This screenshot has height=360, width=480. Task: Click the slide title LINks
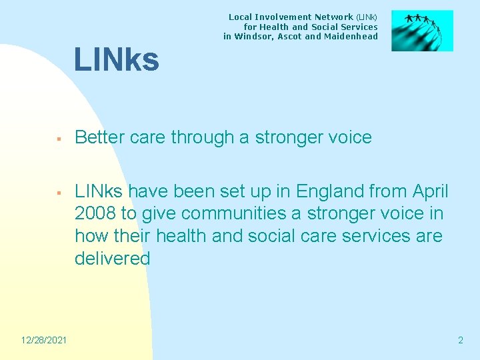pyautogui.click(x=117, y=60)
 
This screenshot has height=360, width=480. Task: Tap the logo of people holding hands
pyautogui.click(x=422, y=31)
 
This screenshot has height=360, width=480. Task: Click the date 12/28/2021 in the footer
pyautogui.click(x=43, y=341)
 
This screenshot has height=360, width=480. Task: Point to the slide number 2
pyautogui.click(x=460, y=341)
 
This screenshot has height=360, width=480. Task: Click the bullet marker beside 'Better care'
pyautogui.click(x=59, y=139)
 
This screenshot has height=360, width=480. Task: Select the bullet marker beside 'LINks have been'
pyautogui.click(x=59, y=193)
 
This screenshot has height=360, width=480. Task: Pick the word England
pyautogui.click(x=328, y=192)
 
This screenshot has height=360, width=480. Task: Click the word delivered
pyautogui.click(x=113, y=259)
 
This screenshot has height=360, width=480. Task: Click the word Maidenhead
pyautogui.click(x=351, y=37)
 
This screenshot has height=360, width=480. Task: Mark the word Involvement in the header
pyautogui.click(x=287, y=17)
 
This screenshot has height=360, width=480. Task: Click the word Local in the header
pyautogui.click(x=241, y=17)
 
